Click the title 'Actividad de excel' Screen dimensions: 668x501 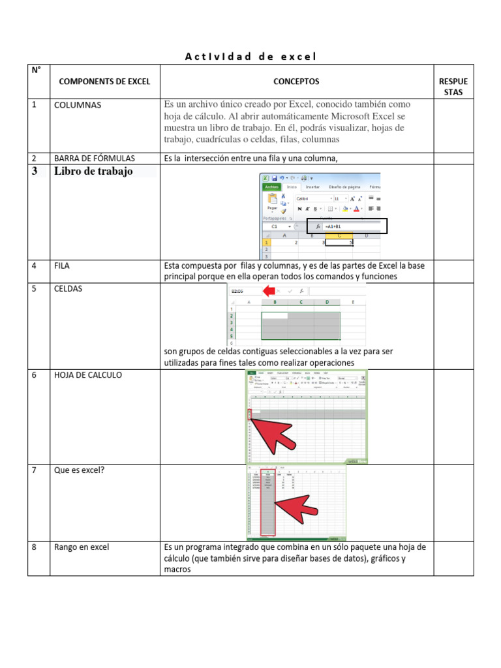click(x=250, y=57)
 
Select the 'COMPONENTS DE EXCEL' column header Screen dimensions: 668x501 click(x=104, y=82)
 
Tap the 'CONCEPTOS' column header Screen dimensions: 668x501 click(x=296, y=82)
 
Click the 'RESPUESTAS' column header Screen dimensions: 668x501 click(x=453, y=87)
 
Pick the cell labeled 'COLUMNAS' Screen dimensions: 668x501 click(x=78, y=105)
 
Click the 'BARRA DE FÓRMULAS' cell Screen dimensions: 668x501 click(x=95, y=158)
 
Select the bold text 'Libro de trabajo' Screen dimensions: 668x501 click(x=93, y=172)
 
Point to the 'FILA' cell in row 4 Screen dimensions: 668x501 click(x=62, y=266)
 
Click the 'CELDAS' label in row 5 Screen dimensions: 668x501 click(x=68, y=288)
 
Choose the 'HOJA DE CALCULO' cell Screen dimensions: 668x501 click(x=87, y=375)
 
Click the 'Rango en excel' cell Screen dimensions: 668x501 click(x=82, y=547)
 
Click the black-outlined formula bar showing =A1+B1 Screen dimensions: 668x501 click(x=347, y=226)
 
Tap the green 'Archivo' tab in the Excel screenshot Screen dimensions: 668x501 click(x=271, y=187)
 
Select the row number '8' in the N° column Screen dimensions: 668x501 click(x=34, y=547)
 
